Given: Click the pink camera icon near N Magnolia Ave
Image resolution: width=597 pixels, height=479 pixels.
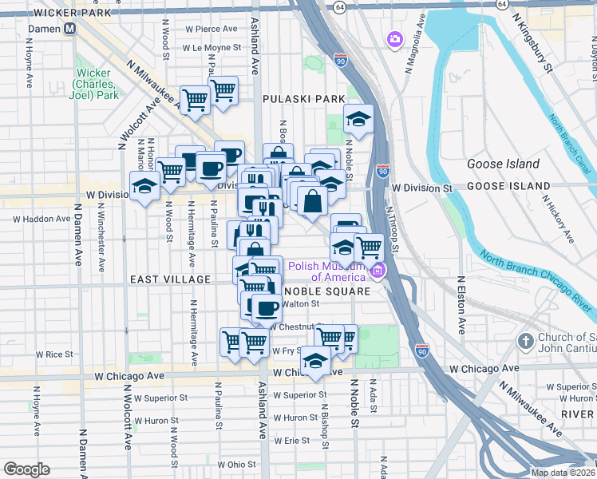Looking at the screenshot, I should [395, 38].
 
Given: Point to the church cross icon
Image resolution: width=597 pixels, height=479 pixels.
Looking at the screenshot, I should [525, 342].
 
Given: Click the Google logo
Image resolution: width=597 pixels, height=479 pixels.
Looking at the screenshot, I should [26, 469].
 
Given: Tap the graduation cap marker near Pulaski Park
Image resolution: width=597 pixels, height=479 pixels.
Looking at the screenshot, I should [358, 120].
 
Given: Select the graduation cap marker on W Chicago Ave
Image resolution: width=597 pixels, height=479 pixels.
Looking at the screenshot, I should [316, 360].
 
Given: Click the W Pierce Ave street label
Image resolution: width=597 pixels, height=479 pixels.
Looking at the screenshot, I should [212, 29].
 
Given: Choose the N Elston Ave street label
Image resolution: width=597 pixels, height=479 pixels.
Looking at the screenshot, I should [461, 305].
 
